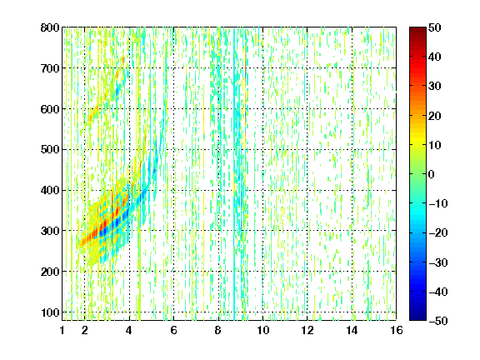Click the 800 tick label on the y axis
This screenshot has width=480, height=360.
click(50, 27)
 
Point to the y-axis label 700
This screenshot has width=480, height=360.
click(50, 68)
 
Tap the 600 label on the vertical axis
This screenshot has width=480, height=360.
click(50, 109)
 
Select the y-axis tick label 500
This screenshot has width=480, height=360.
click(50, 150)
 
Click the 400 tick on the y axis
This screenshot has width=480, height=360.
click(50, 190)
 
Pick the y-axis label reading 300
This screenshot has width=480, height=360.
click(50, 231)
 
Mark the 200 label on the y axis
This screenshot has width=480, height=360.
click(50, 272)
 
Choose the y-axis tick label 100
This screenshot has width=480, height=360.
click(50, 312)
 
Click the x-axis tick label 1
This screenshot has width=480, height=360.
click(62, 330)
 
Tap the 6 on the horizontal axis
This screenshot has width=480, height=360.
click(174, 330)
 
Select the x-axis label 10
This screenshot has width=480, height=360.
click(263, 330)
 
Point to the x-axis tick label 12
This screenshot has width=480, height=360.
click(307, 330)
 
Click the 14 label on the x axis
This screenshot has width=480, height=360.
click(352, 330)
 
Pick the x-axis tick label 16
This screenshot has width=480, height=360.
click(397, 330)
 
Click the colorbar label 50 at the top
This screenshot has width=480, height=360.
click(434, 27)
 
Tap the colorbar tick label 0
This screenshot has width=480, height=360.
click(432, 174)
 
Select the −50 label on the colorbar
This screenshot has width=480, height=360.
click(438, 321)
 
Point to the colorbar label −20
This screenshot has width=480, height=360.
click(438, 233)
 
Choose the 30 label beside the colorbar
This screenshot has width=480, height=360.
click(434, 87)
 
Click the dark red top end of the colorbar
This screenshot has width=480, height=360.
click(417, 29)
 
